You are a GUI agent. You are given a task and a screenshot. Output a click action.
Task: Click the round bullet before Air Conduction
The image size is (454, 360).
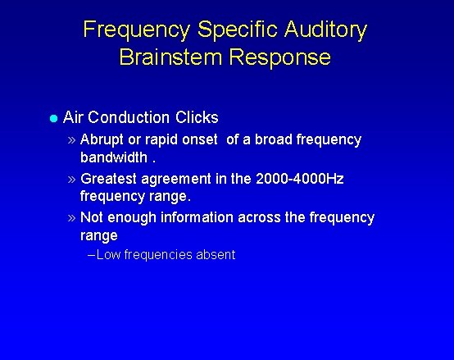[x=53, y=118]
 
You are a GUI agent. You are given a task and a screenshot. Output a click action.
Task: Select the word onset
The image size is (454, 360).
[x=199, y=139]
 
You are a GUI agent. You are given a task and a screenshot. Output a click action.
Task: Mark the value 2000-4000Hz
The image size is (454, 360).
[x=299, y=179]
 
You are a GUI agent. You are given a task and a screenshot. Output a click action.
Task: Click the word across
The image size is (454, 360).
[x=261, y=217]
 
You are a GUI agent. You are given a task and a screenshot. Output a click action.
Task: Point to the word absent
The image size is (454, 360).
[x=215, y=255]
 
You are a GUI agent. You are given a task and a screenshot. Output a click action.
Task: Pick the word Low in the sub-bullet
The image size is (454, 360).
[x=108, y=255]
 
